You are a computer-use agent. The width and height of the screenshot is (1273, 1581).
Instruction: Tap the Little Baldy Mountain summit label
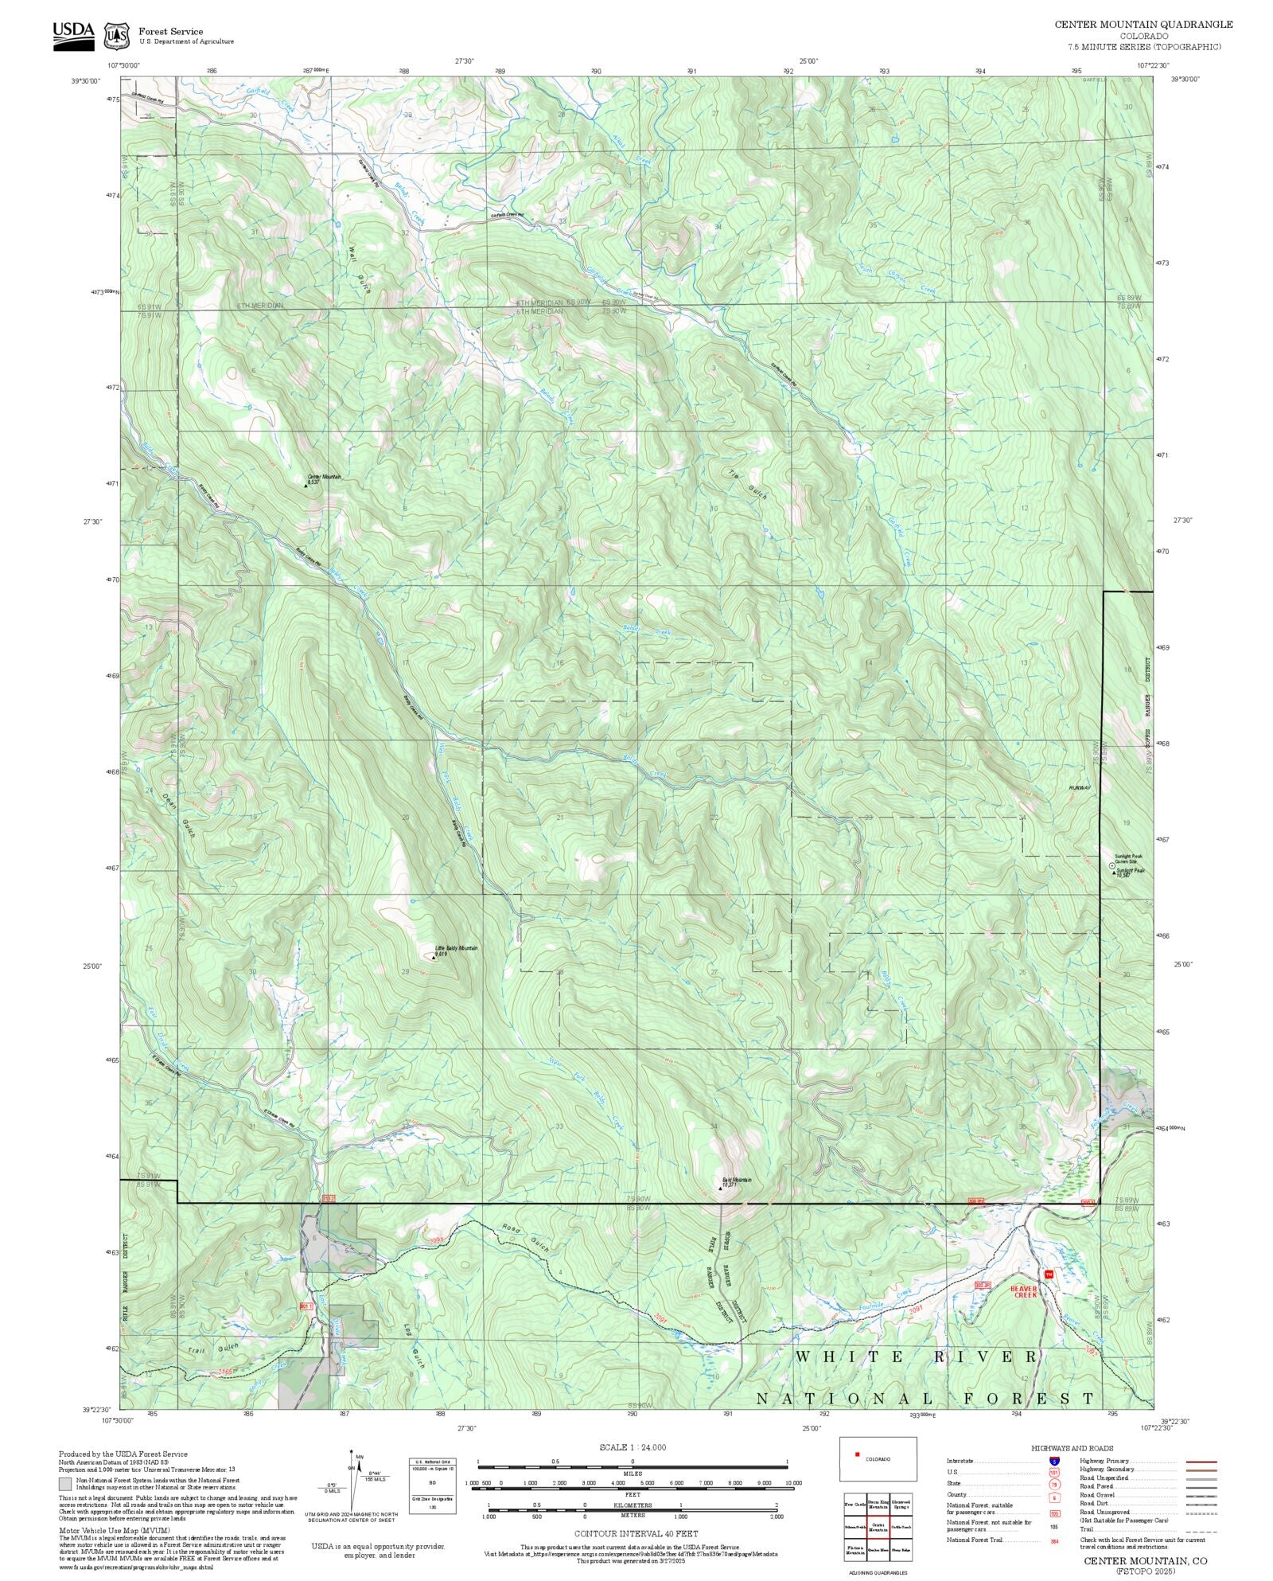coord(456,950)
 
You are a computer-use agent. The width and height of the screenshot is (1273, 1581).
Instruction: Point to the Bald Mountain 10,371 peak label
coord(736,1182)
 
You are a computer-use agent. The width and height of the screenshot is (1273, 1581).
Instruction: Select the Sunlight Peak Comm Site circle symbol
coord(1111,865)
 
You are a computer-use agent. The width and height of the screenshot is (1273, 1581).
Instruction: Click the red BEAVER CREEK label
coord(1024,1290)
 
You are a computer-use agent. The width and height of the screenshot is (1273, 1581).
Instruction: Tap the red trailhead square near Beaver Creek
coord(1048,1275)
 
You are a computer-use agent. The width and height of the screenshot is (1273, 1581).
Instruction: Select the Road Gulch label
coord(524,1237)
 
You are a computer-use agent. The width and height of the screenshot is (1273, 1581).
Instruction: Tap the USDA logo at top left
coord(73,34)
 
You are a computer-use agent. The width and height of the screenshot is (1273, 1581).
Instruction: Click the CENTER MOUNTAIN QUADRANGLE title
coord(1143,24)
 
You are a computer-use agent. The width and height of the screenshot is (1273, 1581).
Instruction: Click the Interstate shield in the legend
coord(1054,1461)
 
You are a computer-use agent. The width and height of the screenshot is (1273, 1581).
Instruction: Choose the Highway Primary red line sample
coord(1201,1461)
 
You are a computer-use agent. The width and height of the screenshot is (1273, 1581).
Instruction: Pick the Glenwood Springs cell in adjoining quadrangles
coord(901,1503)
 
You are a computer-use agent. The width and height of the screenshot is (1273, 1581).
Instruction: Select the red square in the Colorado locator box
coord(857,1454)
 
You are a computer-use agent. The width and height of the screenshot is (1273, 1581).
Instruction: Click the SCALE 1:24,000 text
coord(633,1446)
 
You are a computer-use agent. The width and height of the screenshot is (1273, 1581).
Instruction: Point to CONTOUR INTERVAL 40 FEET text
coord(636,1532)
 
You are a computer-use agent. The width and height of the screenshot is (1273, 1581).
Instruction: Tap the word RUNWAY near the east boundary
coord(1080,787)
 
